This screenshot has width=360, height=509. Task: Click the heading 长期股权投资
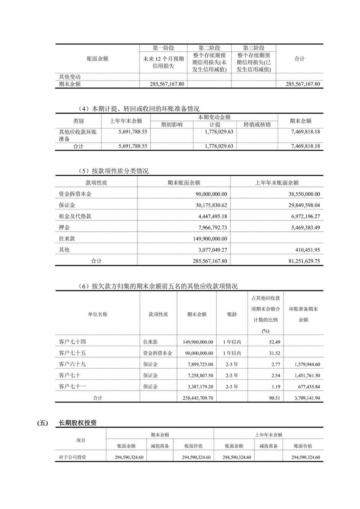coord(77,423)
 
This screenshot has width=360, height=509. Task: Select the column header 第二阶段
coord(209,48)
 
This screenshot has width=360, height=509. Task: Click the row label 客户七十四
coord(72,342)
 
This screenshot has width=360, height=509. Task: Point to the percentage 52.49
coord(274,342)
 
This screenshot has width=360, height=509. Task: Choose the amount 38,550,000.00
coord(304,194)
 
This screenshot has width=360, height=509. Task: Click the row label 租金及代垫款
coord(75,216)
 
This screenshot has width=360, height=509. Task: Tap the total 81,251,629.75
coord(304,261)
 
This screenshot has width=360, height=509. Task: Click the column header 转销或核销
coord(257,124)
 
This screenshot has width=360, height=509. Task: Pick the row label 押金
coord(64,227)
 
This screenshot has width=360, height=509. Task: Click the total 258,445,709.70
coord(198,398)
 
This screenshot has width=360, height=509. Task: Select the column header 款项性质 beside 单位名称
coord(158,314)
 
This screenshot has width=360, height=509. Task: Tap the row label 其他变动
coord(70,77)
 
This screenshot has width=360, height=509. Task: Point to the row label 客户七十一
coord(72,387)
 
